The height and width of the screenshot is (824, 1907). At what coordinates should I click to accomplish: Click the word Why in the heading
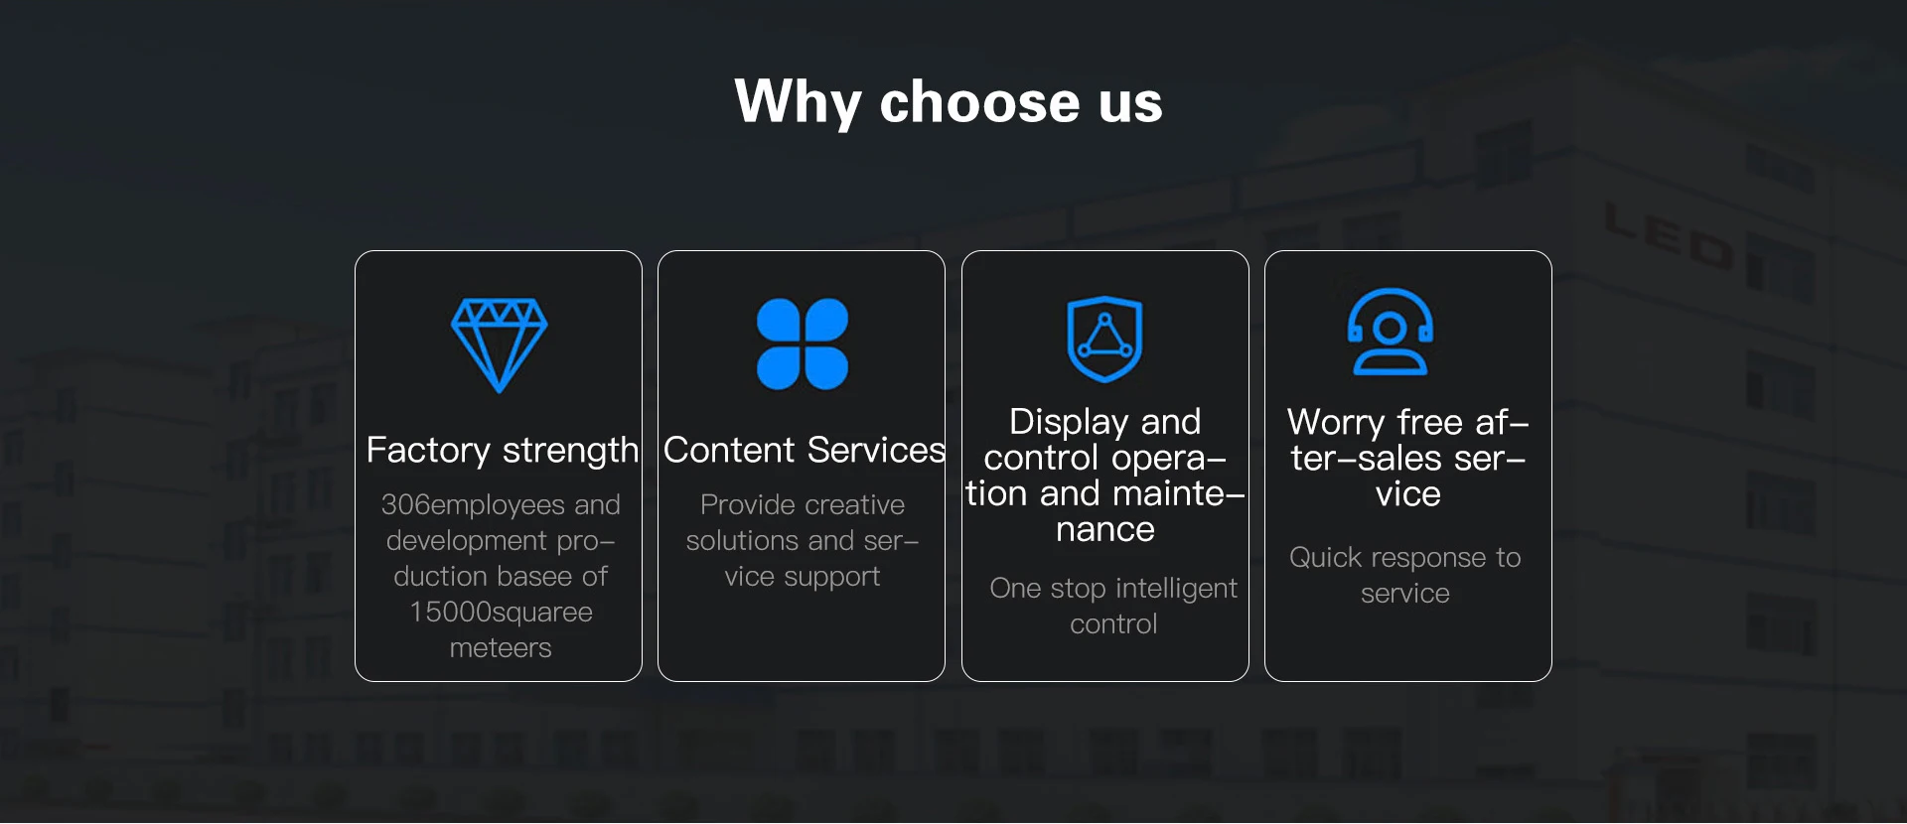pyautogui.click(x=798, y=102)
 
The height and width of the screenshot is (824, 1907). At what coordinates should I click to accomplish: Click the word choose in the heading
pyautogui.click(x=979, y=102)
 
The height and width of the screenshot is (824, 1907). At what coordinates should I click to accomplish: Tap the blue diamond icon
pyautogui.click(x=499, y=345)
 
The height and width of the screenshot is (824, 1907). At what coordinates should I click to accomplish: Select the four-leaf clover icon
pyautogui.click(x=803, y=343)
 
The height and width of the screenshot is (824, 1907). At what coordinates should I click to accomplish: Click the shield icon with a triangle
pyautogui.click(x=1104, y=339)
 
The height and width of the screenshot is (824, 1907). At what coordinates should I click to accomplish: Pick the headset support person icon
pyautogui.click(x=1391, y=332)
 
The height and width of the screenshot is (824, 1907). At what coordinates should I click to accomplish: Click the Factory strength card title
pyautogui.click(x=502, y=451)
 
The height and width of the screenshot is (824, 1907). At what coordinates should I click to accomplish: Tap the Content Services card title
pyautogui.click(x=804, y=450)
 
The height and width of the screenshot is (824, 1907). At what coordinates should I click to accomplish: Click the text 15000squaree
pyautogui.click(x=501, y=613)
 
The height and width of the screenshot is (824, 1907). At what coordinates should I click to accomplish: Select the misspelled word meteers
pyautogui.click(x=501, y=648)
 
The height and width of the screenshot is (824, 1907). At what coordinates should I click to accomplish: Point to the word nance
pyautogui.click(x=1105, y=530)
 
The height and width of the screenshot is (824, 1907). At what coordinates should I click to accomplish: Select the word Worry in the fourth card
pyautogui.click(x=1336, y=423)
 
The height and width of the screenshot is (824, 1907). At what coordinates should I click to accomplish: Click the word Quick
pyautogui.click(x=1325, y=558)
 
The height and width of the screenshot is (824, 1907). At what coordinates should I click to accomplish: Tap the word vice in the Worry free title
pyautogui.click(x=1408, y=494)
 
